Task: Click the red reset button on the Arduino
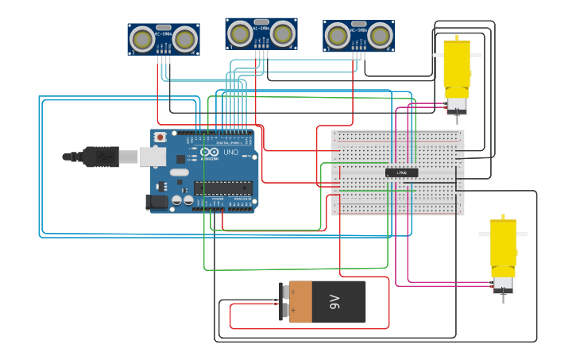(160, 137)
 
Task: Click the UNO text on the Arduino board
(230, 152)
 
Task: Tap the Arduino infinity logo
(209, 152)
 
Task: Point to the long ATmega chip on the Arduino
(223, 188)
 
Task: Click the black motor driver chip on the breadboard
(401, 172)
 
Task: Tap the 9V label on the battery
(334, 302)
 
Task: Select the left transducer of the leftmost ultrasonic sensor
(143, 38)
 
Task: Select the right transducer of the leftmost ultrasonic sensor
(185, 38)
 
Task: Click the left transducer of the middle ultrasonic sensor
(240, 33)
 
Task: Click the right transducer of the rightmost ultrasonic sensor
(380, 35)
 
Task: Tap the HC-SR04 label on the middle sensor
(261, 28)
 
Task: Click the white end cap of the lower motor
(502, 283)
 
